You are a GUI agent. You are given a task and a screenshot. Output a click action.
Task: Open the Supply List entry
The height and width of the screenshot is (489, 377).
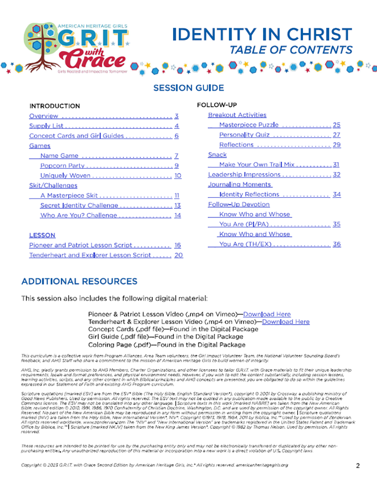pos(46,126)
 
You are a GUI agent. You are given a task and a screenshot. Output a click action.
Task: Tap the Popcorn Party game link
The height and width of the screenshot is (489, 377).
pos(62,165)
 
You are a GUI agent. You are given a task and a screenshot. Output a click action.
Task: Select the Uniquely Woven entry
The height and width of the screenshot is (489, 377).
pos(65,176)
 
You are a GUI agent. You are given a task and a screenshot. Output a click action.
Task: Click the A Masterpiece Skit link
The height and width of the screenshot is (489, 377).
pos(69,196)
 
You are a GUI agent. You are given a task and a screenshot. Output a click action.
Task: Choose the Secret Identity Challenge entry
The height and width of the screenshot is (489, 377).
pos(79,205)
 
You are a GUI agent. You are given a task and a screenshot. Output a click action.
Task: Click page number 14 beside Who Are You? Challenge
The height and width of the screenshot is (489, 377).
pos(178,215)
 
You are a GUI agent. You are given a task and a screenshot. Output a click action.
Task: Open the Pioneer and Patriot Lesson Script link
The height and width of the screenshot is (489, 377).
pos(81,245)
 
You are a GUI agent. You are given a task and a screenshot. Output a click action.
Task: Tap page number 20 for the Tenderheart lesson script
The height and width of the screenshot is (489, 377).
pos(179,255)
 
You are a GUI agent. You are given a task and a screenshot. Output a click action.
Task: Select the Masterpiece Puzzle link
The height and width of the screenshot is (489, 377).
pos(249,125)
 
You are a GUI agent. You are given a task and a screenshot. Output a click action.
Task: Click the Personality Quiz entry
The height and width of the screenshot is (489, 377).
pos(244,135)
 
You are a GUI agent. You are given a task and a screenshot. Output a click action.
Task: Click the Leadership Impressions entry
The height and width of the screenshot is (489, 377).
pos(244,174)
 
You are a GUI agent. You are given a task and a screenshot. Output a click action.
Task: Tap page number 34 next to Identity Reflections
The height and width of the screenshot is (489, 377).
pos(337,194)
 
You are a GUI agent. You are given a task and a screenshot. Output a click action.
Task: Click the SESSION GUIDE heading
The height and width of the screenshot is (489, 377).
pos(188,88)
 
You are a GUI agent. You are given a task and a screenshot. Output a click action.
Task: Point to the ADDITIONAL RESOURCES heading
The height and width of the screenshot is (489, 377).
pos(79,281)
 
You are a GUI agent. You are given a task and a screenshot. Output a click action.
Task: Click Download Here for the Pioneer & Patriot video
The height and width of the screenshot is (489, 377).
pos(267,314)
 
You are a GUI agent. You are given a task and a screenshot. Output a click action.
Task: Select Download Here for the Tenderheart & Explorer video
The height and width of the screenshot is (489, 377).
pos(286,322)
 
